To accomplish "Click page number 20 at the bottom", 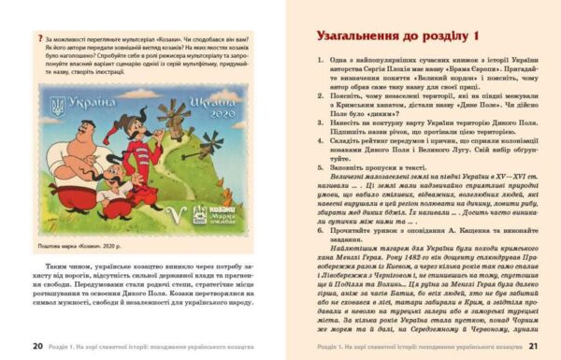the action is point(38,345).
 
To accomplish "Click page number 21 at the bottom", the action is point(533,345).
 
